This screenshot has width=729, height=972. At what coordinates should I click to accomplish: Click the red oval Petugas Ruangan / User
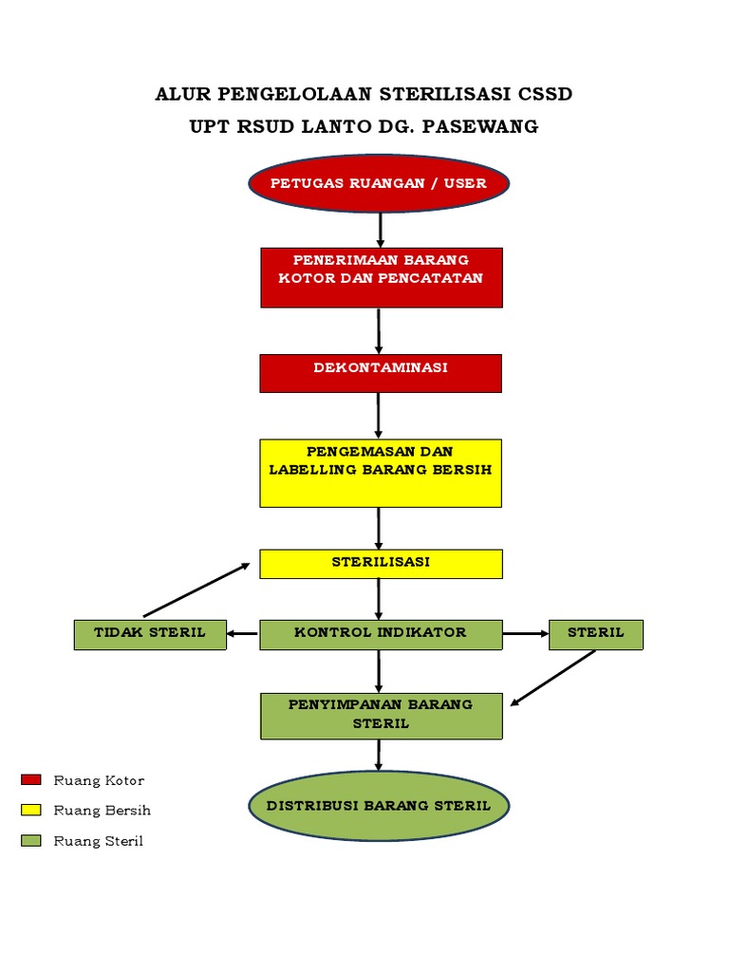click(380, 183)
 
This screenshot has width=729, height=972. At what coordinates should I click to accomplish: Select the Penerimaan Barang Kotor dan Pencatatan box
click(381, 277)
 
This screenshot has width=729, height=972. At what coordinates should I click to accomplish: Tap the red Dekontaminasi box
click(380, 373)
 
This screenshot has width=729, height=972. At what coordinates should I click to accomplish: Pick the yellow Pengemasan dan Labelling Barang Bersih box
click(380, 472)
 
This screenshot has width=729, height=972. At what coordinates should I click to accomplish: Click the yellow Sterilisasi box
click(380, 563)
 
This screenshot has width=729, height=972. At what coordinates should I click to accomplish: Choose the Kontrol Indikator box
click(380, 634)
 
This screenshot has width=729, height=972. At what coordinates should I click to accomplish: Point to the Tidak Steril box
click(150, 634)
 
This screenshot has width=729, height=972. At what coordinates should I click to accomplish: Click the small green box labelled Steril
click(595, 634)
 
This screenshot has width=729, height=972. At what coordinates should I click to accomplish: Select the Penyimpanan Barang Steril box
click(381, 715)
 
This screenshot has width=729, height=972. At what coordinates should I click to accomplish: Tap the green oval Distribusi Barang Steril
click(379, 806)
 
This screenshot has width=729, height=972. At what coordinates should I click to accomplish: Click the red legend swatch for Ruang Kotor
click(31, 780)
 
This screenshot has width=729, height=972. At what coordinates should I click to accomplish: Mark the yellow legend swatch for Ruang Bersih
click(31, 811)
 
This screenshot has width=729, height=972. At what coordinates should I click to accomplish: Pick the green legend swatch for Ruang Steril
click(31, 841)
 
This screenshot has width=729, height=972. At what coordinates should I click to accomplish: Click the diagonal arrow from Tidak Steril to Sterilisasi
click(196, 589)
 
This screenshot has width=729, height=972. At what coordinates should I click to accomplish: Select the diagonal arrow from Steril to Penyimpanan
click(553, 678)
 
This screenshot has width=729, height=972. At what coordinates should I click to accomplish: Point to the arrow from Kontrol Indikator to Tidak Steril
click(243, 634)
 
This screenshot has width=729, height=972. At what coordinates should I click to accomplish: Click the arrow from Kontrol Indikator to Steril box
click(526, 634)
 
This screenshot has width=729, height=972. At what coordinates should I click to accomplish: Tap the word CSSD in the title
click(545, 95)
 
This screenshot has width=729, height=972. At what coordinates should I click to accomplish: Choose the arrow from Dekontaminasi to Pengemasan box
click(379, 415)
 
